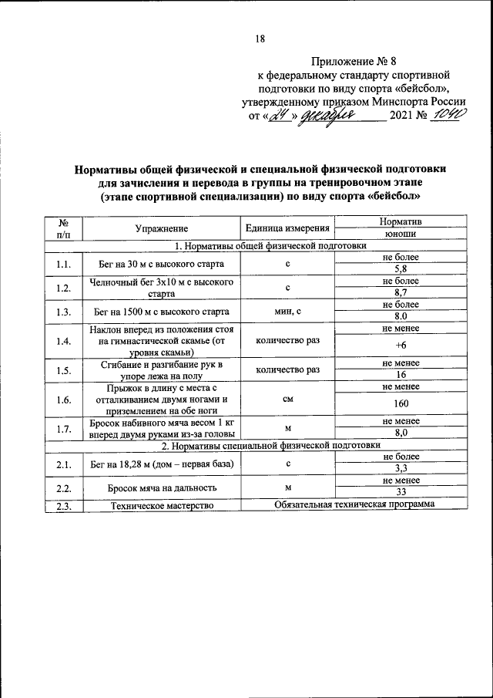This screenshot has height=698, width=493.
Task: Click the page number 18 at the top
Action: point(260,39)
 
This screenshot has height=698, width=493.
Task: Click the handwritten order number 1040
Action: point(449,116)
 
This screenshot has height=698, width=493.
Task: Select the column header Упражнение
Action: point(162,228)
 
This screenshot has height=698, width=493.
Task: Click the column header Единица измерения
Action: point(287,228)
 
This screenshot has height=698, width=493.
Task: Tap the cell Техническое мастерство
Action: point(162,504)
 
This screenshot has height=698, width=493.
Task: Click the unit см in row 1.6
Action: point(287,400)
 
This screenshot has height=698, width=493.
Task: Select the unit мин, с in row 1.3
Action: point(287,312)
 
